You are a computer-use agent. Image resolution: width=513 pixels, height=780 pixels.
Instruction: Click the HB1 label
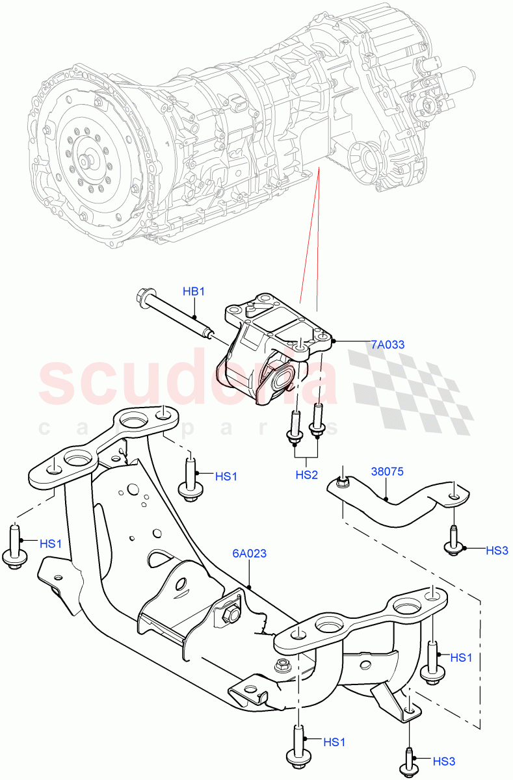pos(194,292)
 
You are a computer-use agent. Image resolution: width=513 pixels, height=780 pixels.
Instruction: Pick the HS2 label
pos(306,475)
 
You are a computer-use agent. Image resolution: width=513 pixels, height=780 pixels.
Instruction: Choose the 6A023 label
pos(250,554)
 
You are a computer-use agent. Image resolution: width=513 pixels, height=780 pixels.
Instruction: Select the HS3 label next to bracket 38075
pos(497,551)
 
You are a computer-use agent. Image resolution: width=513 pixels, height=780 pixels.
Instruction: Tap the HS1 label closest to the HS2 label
pos(226,476)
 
